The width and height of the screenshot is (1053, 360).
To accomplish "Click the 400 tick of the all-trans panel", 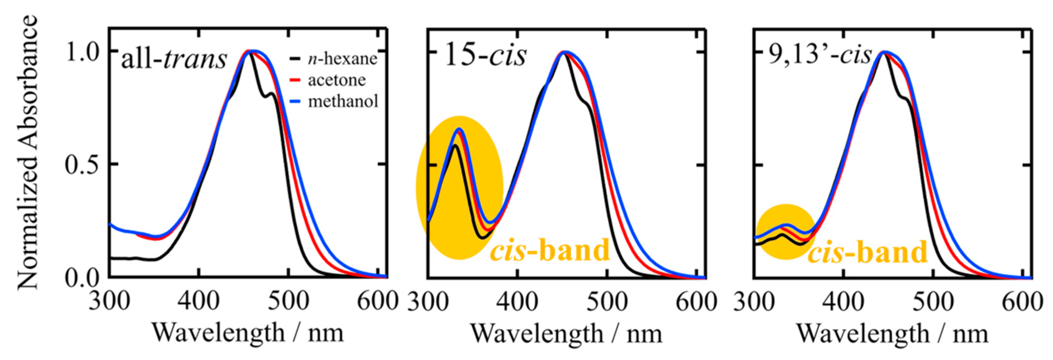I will click(199, 302).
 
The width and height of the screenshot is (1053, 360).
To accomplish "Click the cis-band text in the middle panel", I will click(550, 250).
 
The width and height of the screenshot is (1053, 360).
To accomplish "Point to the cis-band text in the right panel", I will click(867, 252).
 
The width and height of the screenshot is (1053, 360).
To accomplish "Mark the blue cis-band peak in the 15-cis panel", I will click(460, 129).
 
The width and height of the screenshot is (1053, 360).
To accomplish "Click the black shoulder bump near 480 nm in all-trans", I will click(271, 94).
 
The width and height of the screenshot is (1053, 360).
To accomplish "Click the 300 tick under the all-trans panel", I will click(109, 302).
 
